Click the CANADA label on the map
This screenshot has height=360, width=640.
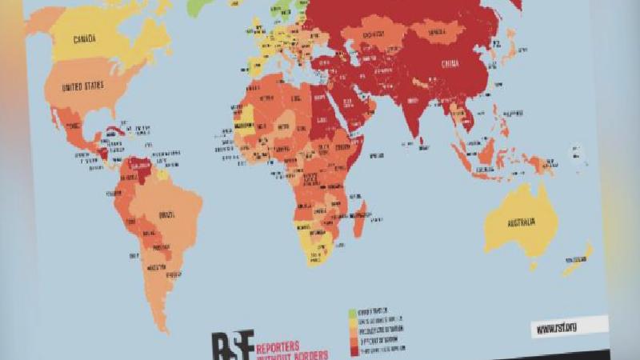(x=90, y=38)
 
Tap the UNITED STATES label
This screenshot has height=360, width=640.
(x=85, y=86)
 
